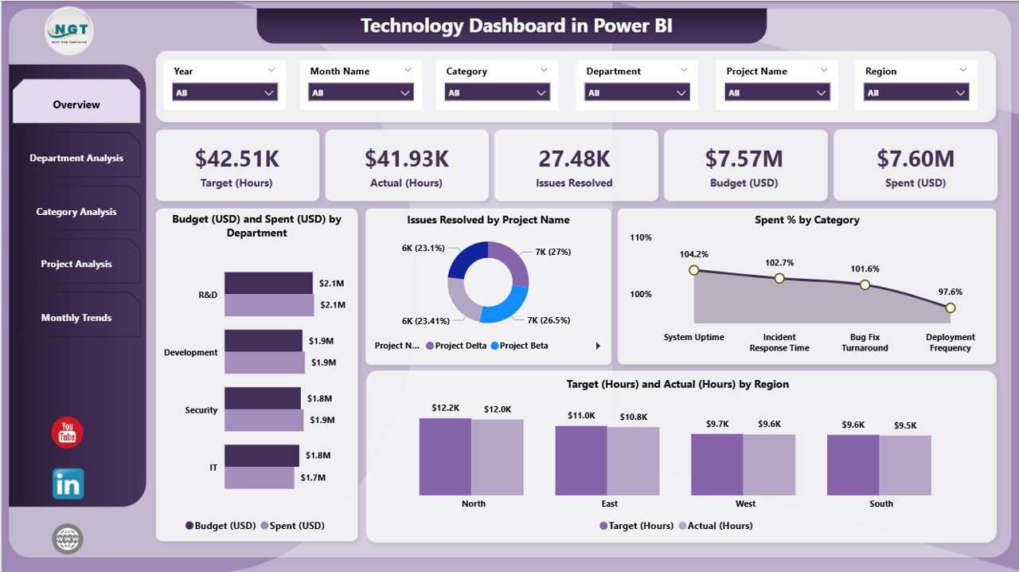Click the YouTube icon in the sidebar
click(x=67, y=433)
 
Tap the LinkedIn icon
click(x=68, y=484)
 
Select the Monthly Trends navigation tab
click(x=76, y=317)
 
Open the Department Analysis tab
click(x=76, y=158)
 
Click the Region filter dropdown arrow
click(x=961, y=93)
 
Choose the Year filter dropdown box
click(x=224, y=93)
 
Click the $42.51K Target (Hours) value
click(x=237, y=159)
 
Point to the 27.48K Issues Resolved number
click(x=574, y=159)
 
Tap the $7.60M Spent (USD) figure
click(x=915, y=159)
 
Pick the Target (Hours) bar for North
click(x=445, y=456)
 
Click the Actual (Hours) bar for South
click(x=905, y=465)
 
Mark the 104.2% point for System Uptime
click(x=693, y=270)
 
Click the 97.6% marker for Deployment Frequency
click(x=950, y=308)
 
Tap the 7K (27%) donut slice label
click(x=552, y=252)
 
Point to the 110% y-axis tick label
click(x=641, y=237)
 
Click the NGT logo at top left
click(x=69, y=31)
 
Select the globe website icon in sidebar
click(x=68, y=539)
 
